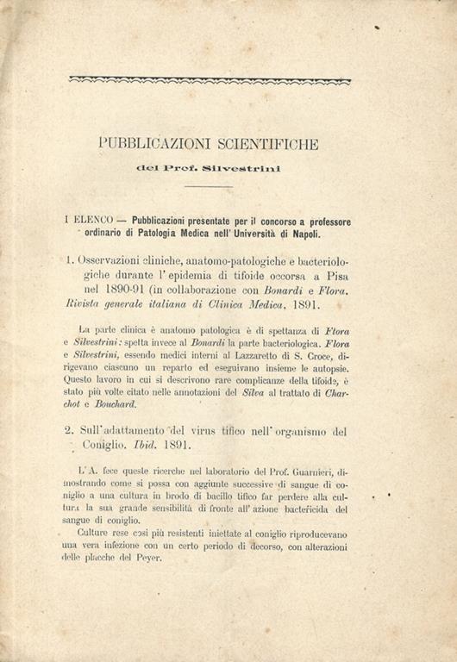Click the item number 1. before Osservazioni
point(71,258)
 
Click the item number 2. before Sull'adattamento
point(72,431)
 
